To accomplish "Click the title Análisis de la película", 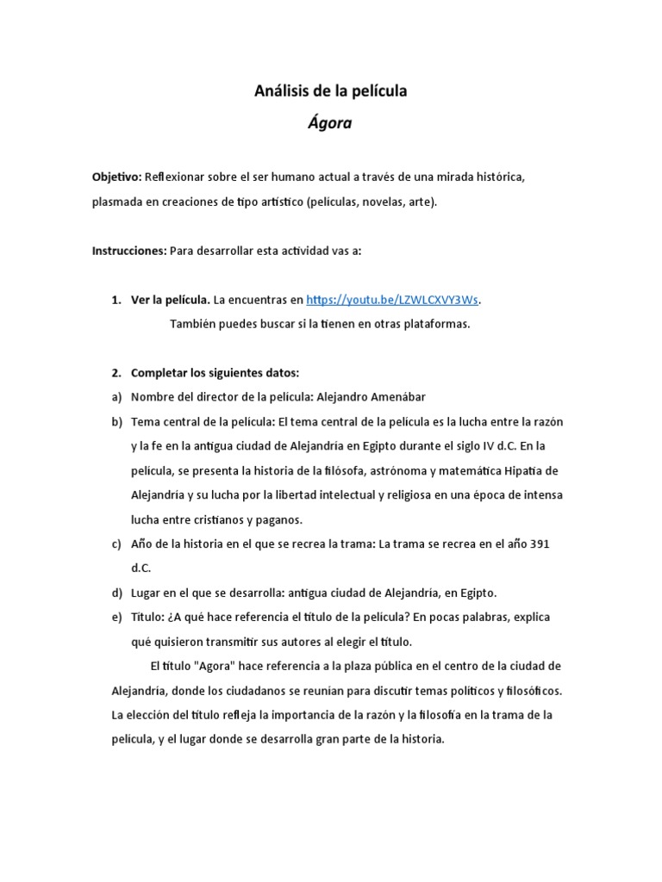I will (x=330, y=90).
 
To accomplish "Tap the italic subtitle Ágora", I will (x=330, y=122).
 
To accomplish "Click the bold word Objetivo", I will (x=116, y=177).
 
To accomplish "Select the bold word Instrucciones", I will (x=128, y=251).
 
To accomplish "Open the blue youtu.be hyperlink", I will (x=392, y=300).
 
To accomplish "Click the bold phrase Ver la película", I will (x=170, y=300).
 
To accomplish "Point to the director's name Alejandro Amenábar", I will (x=372, y=396).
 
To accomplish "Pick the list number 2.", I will (x=116, y=373).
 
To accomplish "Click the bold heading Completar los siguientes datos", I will (x=215, y=373).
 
